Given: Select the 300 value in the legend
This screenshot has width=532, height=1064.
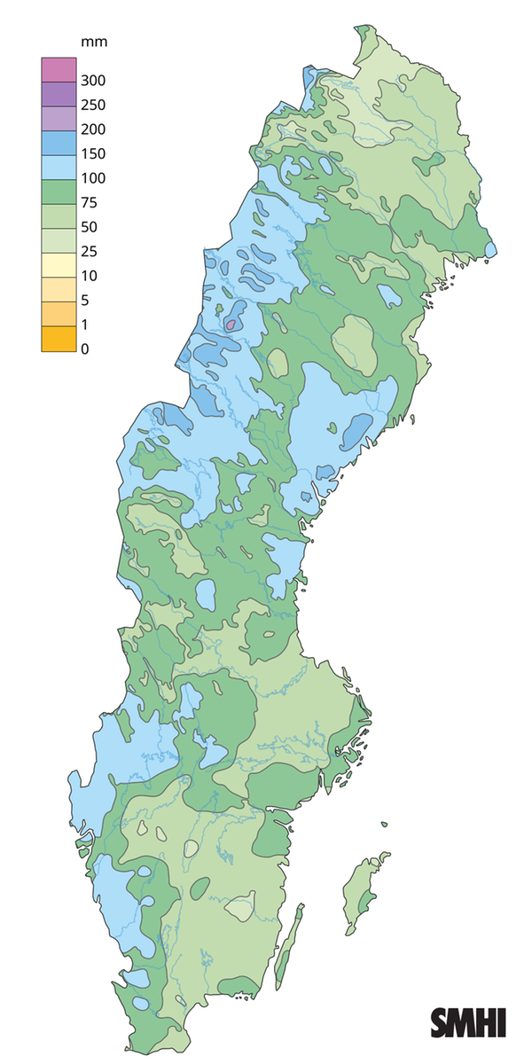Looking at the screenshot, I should point(92,81).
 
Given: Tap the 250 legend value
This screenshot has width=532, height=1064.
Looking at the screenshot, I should point(92,105).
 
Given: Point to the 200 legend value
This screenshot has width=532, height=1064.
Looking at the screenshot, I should point(92,129).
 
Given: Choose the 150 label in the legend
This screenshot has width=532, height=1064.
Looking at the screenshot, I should point(92,153).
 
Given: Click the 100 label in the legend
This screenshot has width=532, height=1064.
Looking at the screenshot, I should point(92,178).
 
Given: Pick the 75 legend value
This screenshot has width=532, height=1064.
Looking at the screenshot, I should point(89,202).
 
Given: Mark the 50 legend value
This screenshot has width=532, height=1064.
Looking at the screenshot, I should point(89,227).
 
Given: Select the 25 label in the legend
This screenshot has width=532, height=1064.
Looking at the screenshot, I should point(89,251).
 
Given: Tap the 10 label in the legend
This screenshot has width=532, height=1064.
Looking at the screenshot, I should point(89,276).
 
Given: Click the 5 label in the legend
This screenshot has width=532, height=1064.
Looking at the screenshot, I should point(85,300).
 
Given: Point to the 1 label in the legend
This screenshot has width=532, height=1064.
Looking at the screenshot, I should point(85,325).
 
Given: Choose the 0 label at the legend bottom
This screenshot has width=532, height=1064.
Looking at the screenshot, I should point(85,348).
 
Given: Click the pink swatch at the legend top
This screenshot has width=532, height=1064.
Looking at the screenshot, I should point(57,68).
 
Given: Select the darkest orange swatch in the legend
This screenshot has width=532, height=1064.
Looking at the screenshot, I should point(57,338).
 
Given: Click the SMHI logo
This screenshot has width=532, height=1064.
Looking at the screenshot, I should point(468,1022).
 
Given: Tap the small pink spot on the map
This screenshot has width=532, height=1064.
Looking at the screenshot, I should point(230,325).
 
